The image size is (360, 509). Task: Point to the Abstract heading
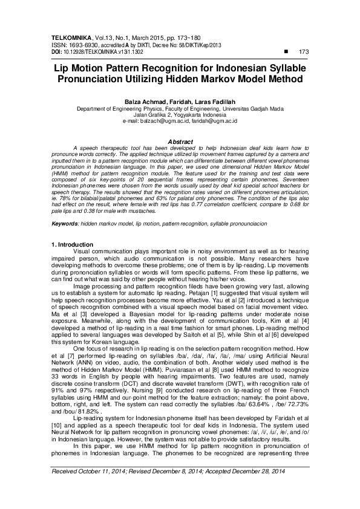(180, 141)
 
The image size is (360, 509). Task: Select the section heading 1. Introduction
(72, 244)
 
